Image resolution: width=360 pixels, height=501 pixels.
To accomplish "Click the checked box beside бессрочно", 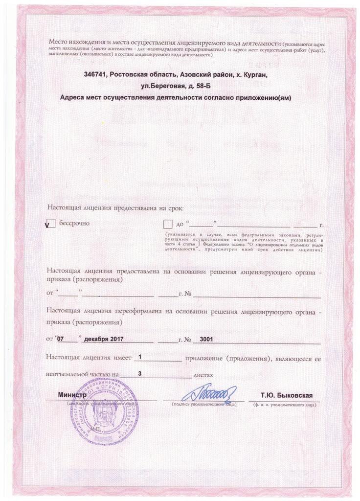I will click(x=50, y=225).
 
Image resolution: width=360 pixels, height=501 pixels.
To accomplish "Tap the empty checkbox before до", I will click(x=168, y=224).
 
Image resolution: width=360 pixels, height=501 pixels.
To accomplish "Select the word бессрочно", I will click(x=74, y=223).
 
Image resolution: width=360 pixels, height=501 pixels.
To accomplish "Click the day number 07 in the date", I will click(x=61, y=338).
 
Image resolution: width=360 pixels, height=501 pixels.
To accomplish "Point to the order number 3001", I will click(x=206, y=338).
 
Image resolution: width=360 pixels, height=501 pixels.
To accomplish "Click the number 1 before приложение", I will click(x=140, y=357).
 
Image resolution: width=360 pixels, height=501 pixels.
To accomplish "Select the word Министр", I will click(x=72, y=395).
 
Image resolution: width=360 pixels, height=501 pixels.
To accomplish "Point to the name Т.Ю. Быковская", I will click(x=287, y=395).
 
